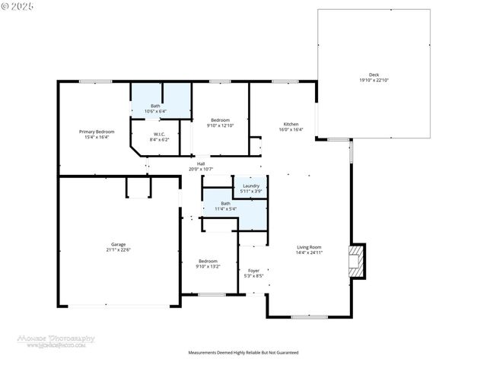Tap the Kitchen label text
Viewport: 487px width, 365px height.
[291, 124]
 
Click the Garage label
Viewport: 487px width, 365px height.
[118, 244]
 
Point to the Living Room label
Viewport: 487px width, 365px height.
[309, 246]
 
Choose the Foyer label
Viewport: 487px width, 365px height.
[253, 270]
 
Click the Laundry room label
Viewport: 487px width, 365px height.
[251, 186]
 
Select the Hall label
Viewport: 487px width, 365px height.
[201, 163]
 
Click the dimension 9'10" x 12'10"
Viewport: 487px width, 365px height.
[221, 125]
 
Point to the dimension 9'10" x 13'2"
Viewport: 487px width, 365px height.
[208, 266]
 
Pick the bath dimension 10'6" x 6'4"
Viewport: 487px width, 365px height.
[155, 111]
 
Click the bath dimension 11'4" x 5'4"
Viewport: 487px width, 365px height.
[225, 208]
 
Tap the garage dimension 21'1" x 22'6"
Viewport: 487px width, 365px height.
[118, 249]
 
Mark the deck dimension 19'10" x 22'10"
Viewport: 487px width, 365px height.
[374, 81]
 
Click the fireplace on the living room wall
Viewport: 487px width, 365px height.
[356, 262]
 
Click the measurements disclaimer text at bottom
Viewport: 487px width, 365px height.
[243, 353]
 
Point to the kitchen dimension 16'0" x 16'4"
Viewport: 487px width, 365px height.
[291, 129]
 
